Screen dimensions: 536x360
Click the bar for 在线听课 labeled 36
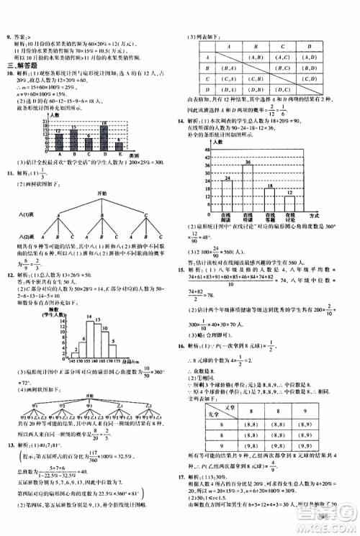(x=248, y=186)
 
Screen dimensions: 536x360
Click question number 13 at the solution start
(x=9, y=445)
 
